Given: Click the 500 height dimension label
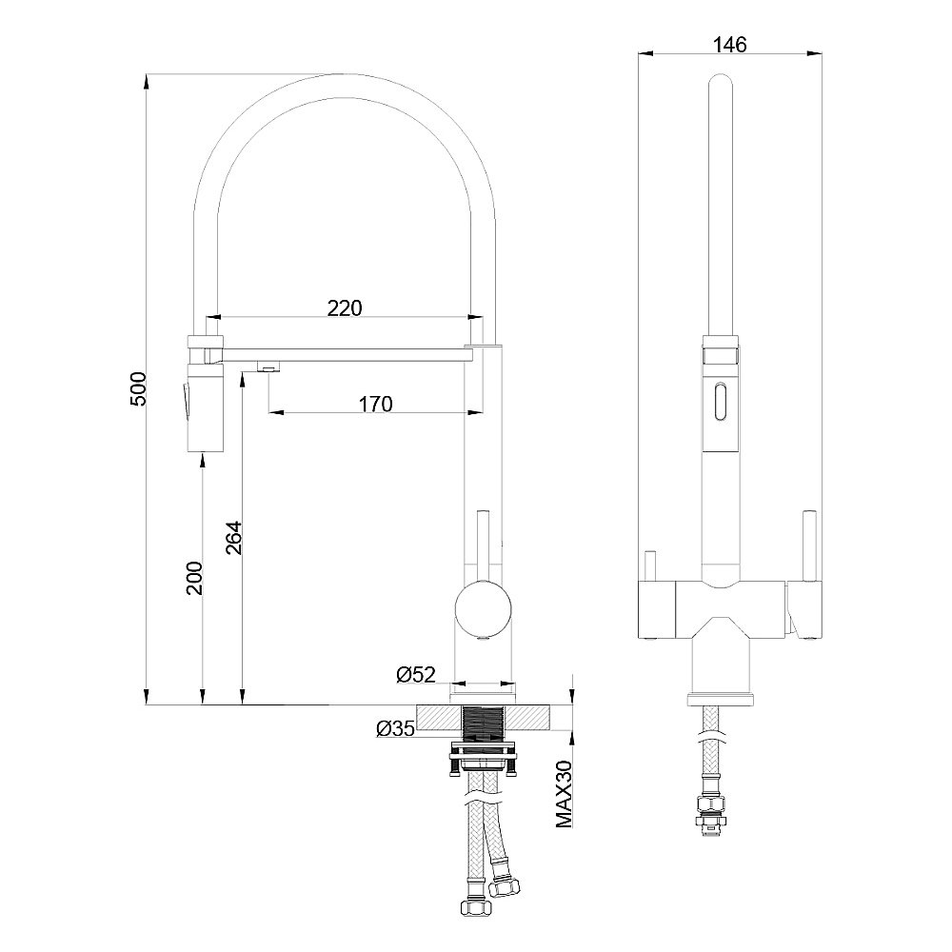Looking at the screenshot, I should click(x=138, y=390).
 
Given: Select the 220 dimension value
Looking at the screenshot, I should click(x=344, y=307).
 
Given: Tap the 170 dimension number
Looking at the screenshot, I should click(x=375, y=404).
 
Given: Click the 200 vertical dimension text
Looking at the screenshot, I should click(x=194, y=577).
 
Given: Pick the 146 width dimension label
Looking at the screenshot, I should click(x=729, y=44).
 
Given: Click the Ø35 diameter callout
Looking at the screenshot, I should click(x=395, y=729).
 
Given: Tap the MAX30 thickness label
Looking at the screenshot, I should click(x=563, y=793).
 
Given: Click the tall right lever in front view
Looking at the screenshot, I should click(x=810, y=545).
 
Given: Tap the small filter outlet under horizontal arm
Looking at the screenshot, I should click(x=268, y=366).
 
